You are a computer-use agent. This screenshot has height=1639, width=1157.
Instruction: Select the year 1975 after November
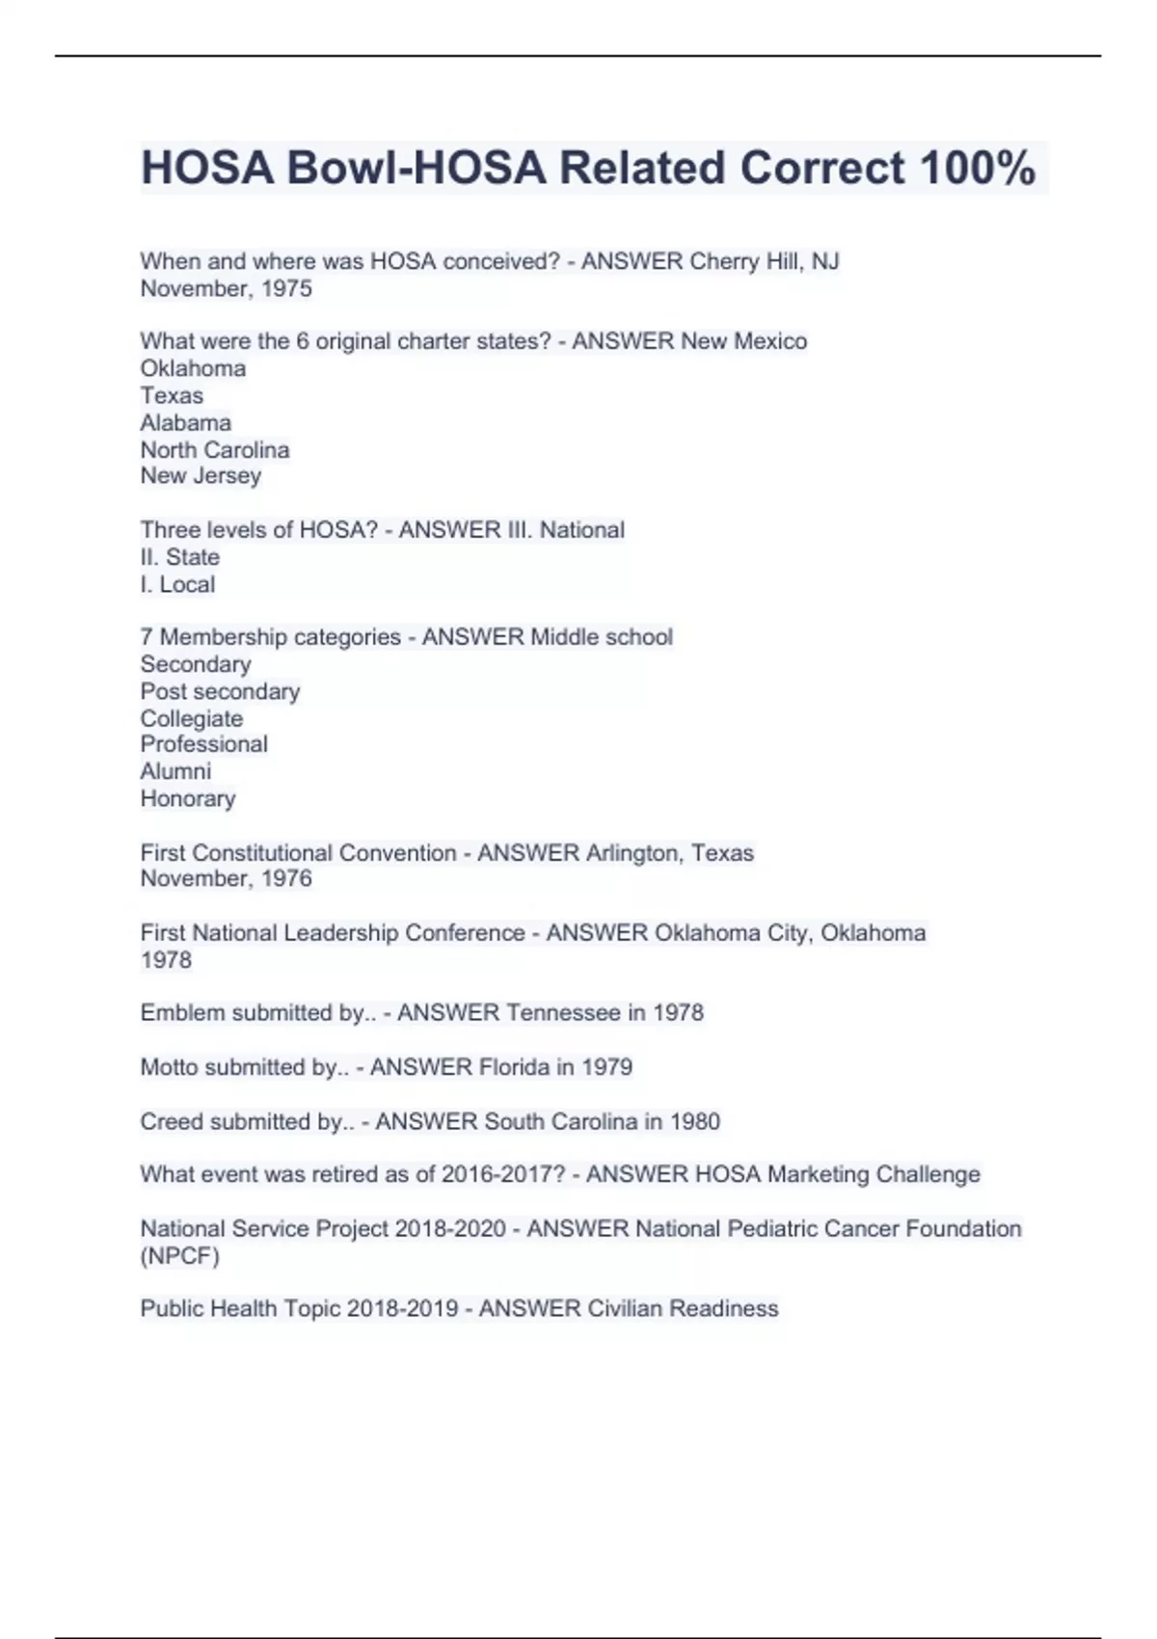coord(286,288)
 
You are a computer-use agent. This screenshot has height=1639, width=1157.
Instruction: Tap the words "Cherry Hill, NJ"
coord(764,261)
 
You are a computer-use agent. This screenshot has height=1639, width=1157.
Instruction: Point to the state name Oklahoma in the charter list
coord(193,368)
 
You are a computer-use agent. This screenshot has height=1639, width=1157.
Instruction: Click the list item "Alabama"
coord(185,422)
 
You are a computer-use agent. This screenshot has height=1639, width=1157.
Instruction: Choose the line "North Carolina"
coord(214,449)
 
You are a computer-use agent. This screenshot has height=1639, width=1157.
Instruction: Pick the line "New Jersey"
coord(201,475)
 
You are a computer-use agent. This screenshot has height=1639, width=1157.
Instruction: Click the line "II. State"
coord(179,557)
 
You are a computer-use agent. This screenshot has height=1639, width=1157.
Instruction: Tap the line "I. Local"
coord(177,584)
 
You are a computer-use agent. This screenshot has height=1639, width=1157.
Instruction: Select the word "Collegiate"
coord(191,718)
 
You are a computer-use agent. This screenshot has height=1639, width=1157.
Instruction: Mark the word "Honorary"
coord(187,798)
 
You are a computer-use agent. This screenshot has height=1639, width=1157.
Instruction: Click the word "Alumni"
coord(175,771)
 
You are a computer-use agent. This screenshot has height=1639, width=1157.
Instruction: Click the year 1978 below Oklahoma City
coord(166,959)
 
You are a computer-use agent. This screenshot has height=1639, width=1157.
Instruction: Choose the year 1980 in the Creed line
coord(694,1121)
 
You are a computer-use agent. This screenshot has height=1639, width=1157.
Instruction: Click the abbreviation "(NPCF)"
coord(179,1256)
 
